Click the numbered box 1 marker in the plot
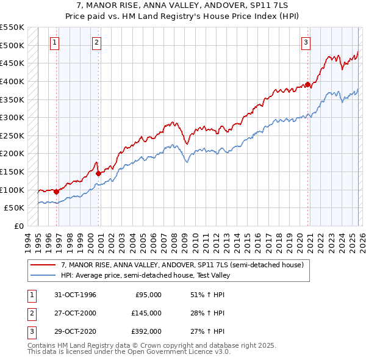point(55,42)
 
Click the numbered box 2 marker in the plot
point(97,42)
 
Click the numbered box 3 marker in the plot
point(306,42)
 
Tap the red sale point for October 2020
point(308,84)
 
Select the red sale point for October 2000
point(99,173)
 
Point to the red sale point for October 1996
point(57,191)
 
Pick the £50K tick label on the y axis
point(13,208)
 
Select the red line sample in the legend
point(43,265)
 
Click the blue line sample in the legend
point(43,275)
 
